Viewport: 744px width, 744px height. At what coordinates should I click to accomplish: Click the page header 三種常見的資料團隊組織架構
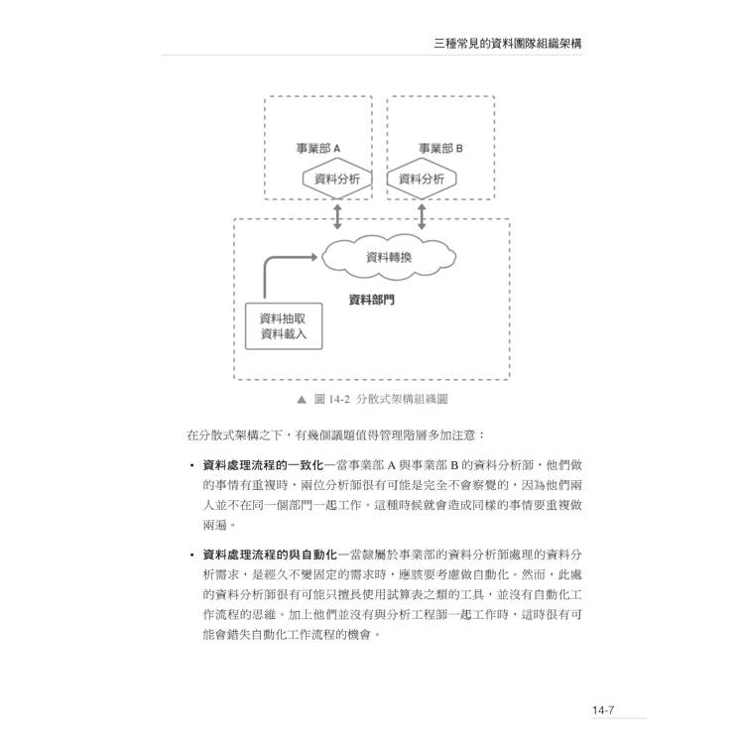pos(508,44)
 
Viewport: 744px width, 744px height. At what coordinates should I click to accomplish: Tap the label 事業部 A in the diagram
pos(318,149)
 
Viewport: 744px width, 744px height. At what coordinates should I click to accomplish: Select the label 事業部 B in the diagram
pos(440,149)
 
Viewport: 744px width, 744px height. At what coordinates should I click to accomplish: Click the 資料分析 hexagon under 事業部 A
pos(337,179)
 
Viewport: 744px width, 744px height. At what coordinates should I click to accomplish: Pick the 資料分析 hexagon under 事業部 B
pos(422,179)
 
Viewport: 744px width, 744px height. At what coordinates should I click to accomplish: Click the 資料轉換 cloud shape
pos(389,257)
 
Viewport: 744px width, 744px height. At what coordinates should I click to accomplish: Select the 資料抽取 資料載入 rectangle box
pos(284,326)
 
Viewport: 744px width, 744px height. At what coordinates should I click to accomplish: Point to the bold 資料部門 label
pos(372,300)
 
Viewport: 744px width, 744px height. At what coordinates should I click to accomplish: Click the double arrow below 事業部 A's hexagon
pos(337,217)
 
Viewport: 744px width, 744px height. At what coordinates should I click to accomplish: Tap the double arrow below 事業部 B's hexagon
pos(422,217)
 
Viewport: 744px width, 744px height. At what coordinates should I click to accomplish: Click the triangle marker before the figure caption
pos(302,400)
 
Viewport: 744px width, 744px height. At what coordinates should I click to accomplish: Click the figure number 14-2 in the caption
pos(339,399)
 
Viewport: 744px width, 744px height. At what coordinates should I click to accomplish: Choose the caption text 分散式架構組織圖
pos(402,399)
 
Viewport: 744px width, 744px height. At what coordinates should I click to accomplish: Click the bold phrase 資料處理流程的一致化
pos(263,465)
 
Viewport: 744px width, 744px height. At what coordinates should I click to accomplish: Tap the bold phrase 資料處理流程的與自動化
pos(269,555)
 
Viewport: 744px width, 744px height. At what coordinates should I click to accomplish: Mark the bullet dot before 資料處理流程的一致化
pos(191,465)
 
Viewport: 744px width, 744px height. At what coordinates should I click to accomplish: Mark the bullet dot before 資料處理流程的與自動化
pos(191,556)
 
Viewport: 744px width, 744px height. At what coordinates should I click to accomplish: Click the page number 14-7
pos(603,710)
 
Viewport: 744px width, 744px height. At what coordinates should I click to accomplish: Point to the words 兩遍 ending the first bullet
pos(215,525)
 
